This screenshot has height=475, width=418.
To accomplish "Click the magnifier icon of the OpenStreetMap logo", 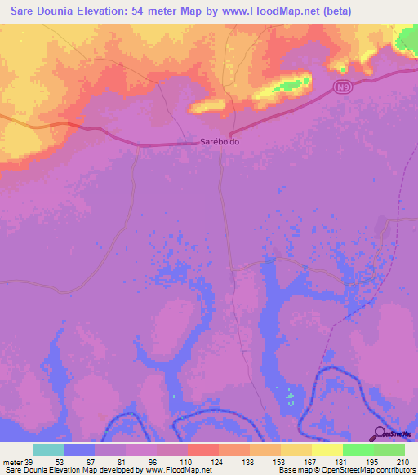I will [x=380, y=434].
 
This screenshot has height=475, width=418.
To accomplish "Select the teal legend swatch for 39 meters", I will [x=48, y=450].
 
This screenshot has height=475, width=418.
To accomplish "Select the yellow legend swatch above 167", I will [x=327, y=450].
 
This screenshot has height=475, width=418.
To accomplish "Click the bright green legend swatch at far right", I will [x=389, y=450].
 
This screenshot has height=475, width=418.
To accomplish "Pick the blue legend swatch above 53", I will [x=79, y=450].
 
